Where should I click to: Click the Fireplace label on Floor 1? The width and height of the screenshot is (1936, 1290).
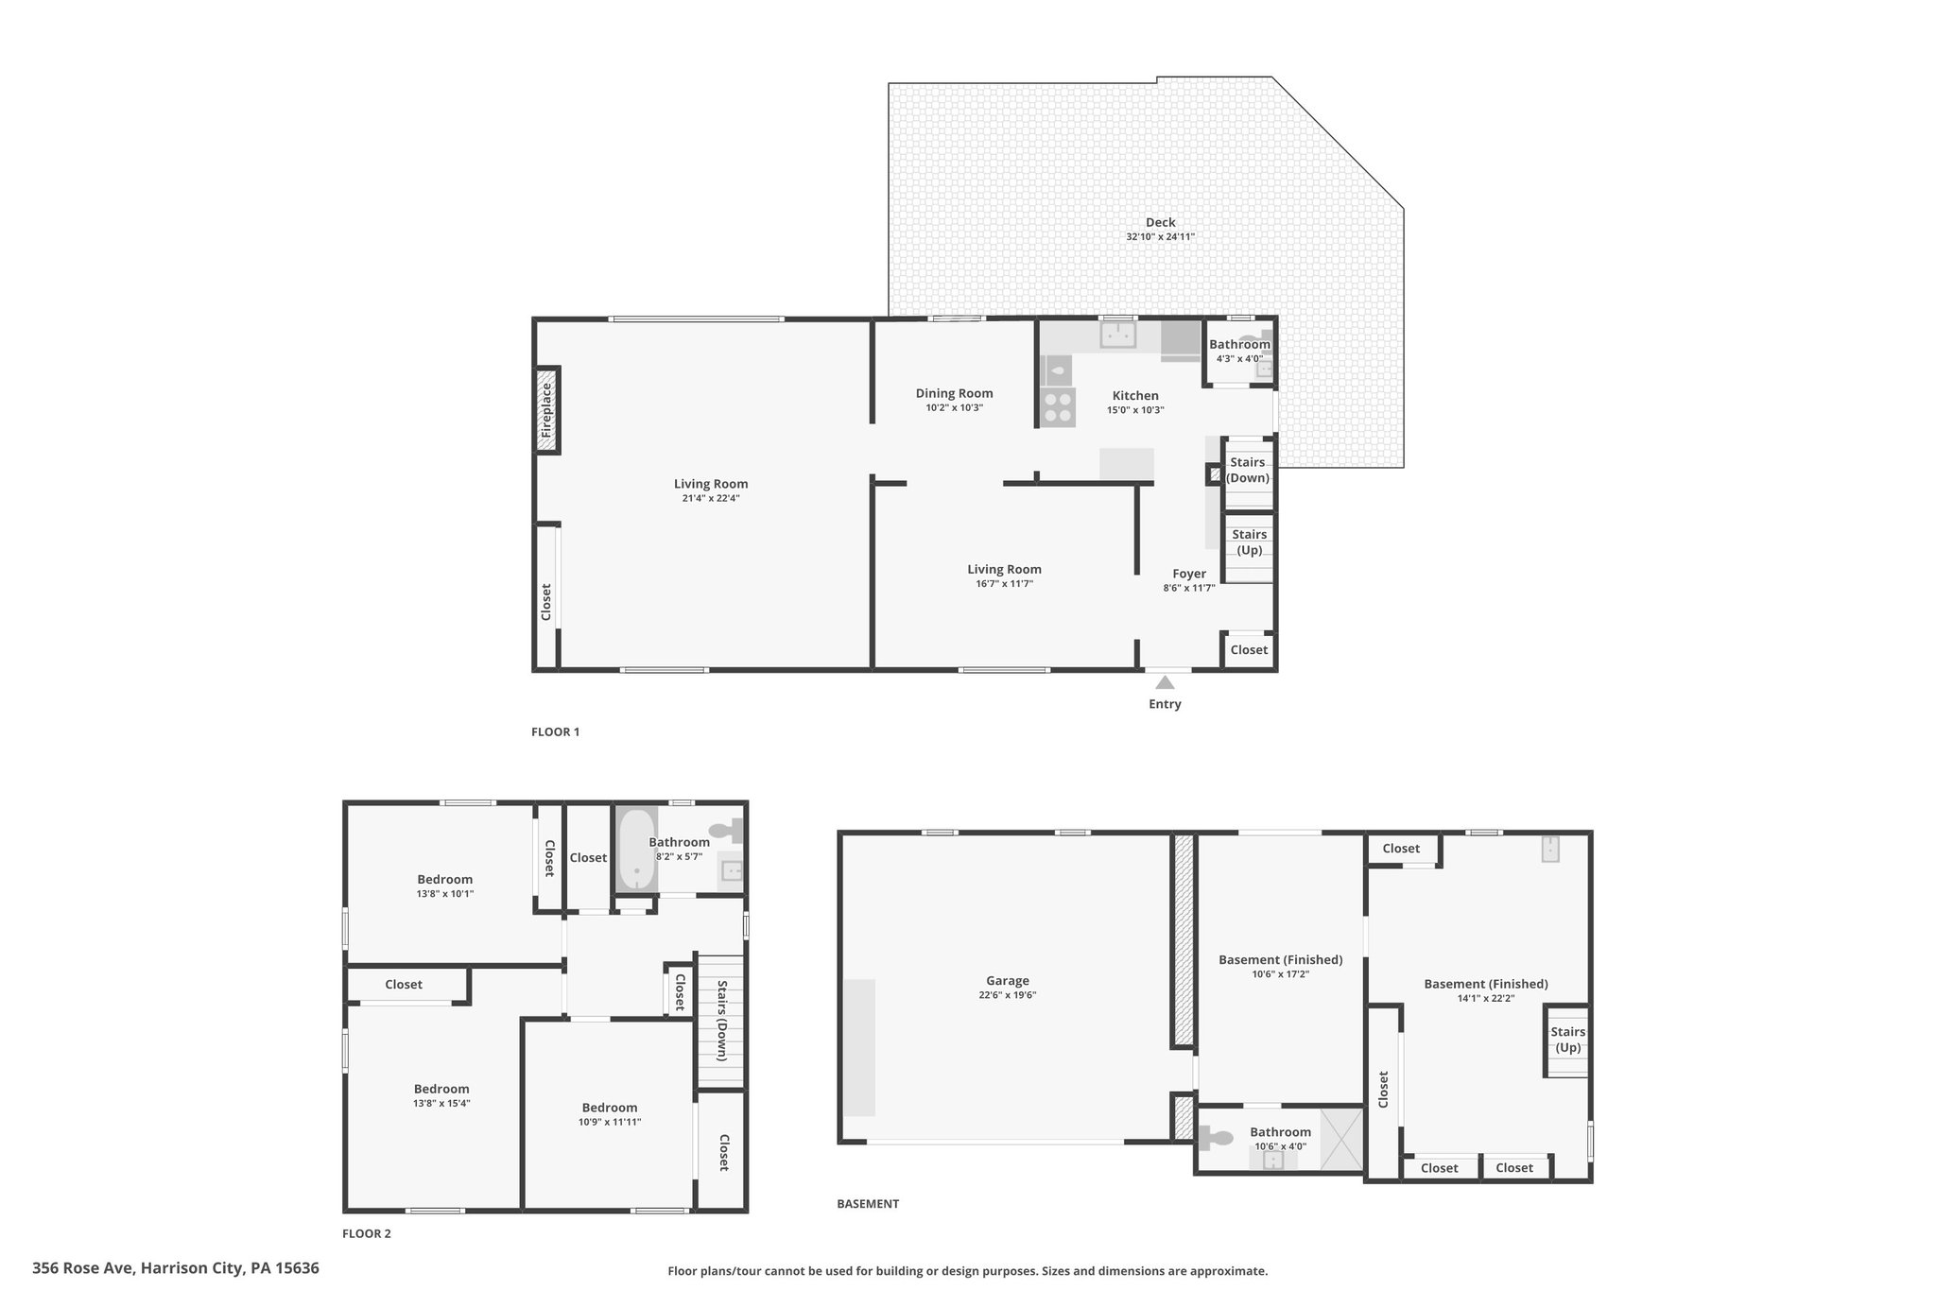(x=545, y=410)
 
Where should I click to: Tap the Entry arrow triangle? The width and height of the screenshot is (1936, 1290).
(x=1166, y=682)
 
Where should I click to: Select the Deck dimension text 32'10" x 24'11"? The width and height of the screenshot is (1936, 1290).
(x=1160, y=237)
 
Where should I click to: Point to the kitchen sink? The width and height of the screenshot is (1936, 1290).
(x=1117, y=335)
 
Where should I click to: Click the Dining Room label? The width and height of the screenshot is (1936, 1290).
(x=955, y=393)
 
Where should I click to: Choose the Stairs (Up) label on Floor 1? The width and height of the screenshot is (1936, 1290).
(x=1249, y=542)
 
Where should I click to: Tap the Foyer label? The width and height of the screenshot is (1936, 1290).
(x=1189, y=574)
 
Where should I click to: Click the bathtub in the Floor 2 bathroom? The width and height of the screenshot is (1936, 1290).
(x=636, y=849)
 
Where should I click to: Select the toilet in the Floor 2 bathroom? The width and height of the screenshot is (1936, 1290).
(x=726, y=832)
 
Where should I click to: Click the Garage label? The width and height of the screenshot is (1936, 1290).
(x=1008, y=981)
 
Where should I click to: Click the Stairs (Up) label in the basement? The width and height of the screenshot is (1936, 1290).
(x=1568, y=1040)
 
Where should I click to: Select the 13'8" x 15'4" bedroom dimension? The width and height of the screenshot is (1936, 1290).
(x=441, y=1103)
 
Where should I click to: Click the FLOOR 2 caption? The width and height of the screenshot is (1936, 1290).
(x=367, y=1233)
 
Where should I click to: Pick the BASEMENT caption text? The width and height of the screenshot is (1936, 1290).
(x=868, y=1204)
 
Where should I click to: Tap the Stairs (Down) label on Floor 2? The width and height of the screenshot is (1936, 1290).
(x=721, y=1021)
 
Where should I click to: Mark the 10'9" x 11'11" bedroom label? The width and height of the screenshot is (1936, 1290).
(x=610, y=1122)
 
